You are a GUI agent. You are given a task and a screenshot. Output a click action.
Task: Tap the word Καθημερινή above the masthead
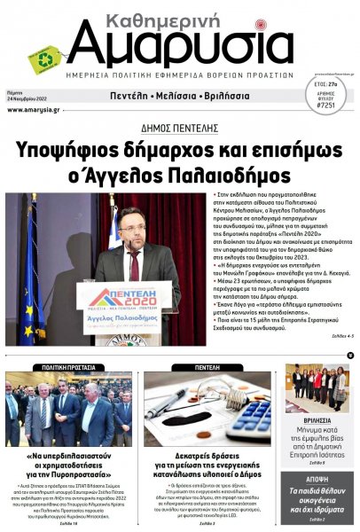point(188,14)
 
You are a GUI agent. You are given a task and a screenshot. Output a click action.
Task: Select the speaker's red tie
point(135,265)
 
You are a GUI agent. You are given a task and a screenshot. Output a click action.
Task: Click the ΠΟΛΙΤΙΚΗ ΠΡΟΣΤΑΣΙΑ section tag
point(70,366)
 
